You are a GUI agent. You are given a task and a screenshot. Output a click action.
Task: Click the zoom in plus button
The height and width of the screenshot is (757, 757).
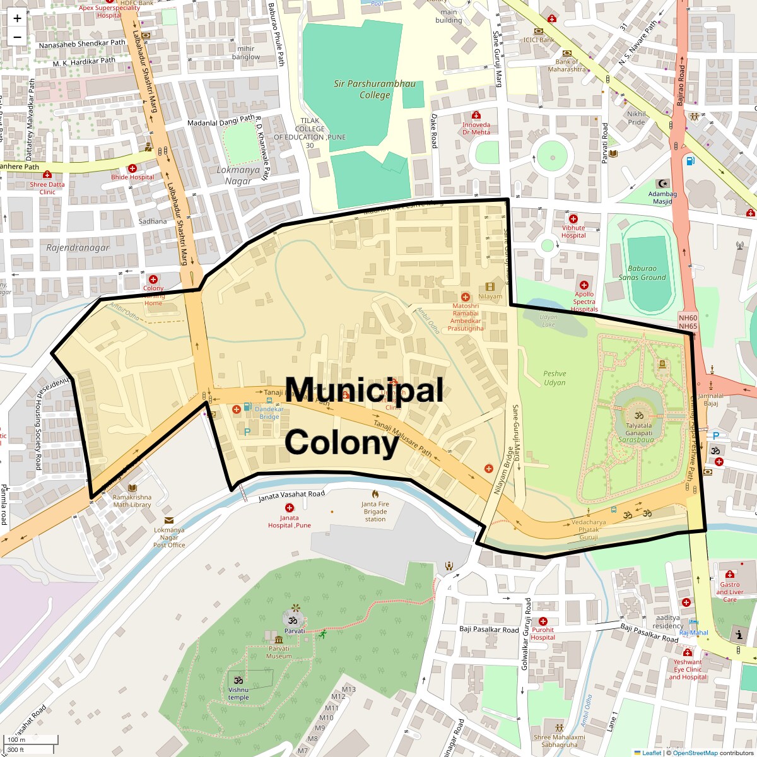[x=17, y=18]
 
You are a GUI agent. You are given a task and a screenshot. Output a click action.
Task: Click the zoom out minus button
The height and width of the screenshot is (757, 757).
[x=17, y=37]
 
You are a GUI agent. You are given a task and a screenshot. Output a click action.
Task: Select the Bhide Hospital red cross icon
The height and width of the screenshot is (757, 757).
[x=132, y=168]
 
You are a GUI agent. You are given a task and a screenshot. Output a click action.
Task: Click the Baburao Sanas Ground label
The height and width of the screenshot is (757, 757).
[x=642, y=273]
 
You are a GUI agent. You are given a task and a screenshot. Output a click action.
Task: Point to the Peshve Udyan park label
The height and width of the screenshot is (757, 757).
[x=555, y=378]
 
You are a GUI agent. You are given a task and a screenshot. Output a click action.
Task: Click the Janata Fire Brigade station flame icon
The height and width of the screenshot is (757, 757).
[x=375, y=494]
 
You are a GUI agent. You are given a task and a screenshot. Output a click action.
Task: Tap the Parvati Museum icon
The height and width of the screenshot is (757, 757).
[x=278, y=640]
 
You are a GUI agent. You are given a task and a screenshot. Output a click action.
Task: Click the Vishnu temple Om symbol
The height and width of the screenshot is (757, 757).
[x=238, y=681]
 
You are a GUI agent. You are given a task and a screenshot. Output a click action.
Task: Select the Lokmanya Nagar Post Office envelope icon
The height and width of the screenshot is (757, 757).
[x=169, y=520]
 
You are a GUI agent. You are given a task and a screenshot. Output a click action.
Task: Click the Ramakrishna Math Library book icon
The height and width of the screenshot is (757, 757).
[x=132, y=488]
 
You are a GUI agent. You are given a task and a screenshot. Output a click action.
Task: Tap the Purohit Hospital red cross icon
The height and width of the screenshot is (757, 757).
[x=543, y=621]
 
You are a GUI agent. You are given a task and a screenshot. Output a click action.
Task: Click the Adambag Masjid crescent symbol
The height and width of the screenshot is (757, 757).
[x=662, y=183]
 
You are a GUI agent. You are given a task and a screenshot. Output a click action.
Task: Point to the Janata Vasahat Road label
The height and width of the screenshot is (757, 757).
[x=291, y=496]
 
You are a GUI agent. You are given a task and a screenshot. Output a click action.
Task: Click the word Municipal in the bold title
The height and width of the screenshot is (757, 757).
[x=364, y=390]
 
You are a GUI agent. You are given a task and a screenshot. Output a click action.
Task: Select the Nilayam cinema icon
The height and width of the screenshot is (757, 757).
[x=490, y=287]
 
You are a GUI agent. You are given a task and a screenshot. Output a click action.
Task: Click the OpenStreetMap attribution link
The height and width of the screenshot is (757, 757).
[x=695, y=753]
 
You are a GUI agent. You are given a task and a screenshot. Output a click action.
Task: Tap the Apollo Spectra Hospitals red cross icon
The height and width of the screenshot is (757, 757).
[x=584, y=285]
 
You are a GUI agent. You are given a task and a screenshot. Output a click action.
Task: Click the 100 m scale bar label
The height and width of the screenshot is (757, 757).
[x=17, y=739]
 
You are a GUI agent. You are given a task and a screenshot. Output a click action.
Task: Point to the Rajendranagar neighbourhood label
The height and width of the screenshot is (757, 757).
[x=78, y=248]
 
